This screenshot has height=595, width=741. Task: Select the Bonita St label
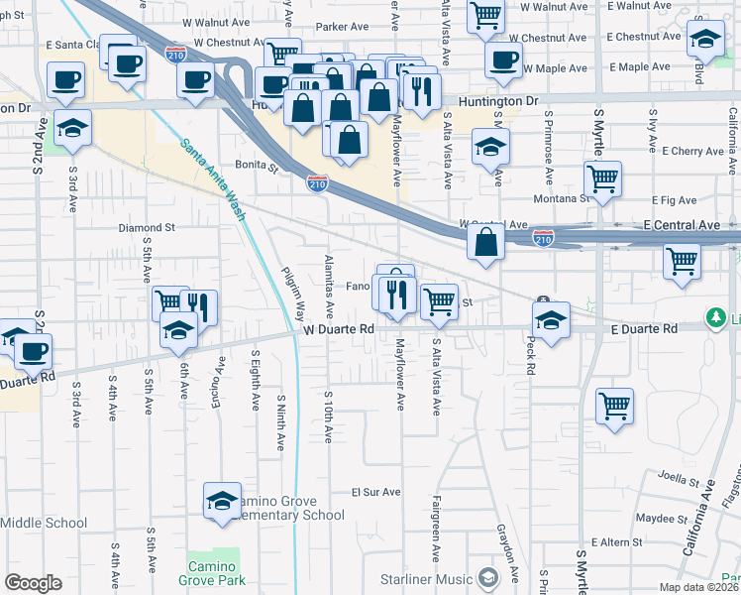point(257,166)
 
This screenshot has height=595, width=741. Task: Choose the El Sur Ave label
point(376,492)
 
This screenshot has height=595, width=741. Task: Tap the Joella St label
point(681,478)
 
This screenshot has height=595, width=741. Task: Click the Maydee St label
point(655,518)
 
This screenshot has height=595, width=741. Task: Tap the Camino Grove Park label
point(210,573)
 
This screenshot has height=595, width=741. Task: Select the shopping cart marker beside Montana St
point(602,179)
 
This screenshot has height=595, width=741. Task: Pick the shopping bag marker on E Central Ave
point(485,243)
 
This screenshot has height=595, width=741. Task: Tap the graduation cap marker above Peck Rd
point(551,320)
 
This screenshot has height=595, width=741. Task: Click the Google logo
point(33,583)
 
